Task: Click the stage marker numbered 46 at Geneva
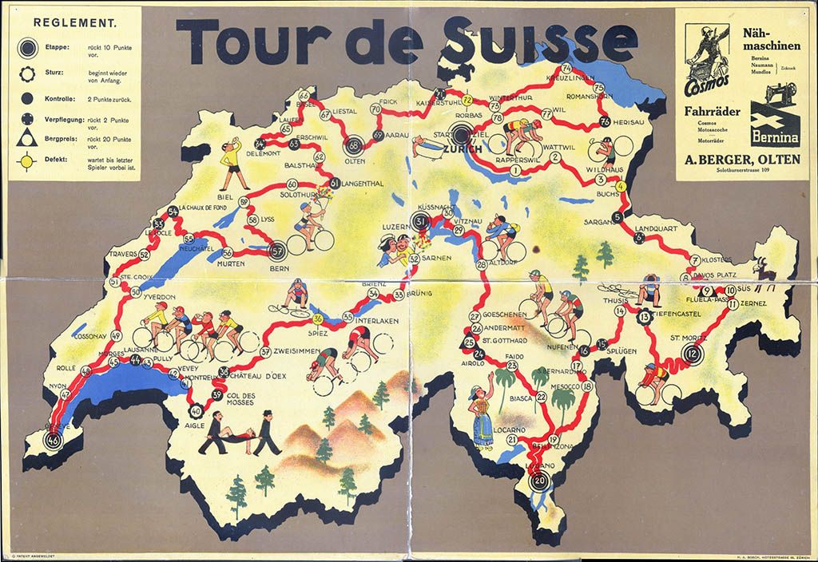click(x=54, y=440)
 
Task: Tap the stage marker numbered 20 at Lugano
click(x=540, y=481)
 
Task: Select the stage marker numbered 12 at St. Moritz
click(x=692, y=354)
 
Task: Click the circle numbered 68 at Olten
click(x=354, y=145)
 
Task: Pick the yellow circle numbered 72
click(x=467, y=100)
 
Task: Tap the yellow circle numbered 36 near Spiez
click(x=318, y=319)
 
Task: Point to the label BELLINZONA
click(x=554, y=447)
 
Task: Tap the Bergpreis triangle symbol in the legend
click(x=28, y=138)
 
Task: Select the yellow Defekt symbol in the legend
click(x=28, y=160)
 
